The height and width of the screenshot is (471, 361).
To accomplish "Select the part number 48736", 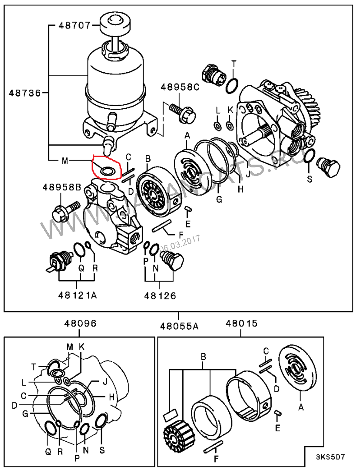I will click(x=24, y=93).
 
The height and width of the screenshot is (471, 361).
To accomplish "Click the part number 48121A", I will click(x=77, y=296).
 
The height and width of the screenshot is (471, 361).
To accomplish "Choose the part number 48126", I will click(x=160, y=296).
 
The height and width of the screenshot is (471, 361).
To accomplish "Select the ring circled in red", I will click(x=107, y=171).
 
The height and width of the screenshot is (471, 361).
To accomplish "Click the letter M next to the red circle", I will click(x=65, y=161).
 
